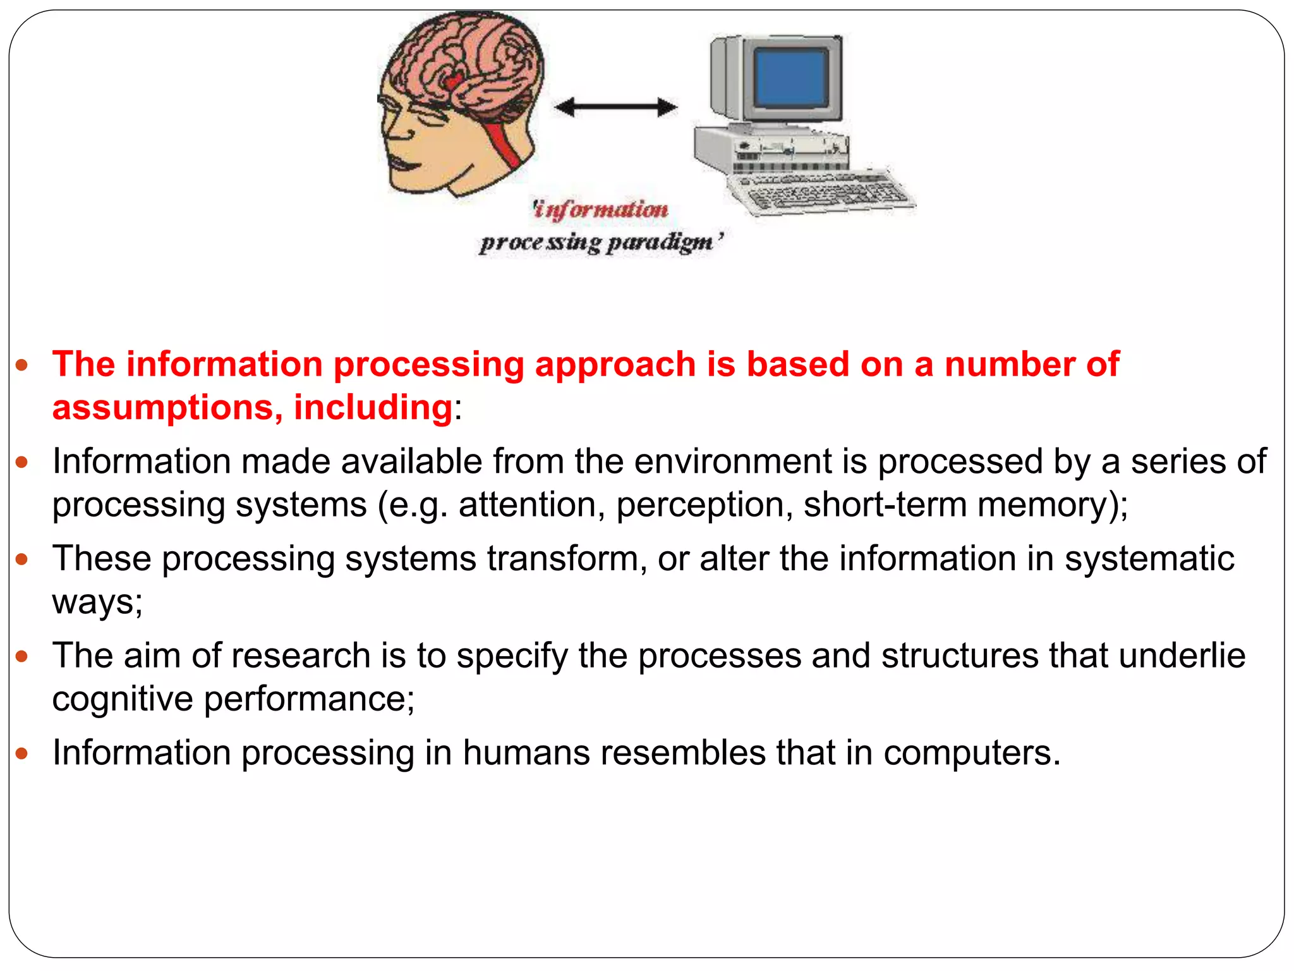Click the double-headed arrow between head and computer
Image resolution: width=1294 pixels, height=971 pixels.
(615, 107)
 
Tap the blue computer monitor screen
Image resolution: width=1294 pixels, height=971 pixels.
(791, 78)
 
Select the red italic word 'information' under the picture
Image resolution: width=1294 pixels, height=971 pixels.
(600, 209)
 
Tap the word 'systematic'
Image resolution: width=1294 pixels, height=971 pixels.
(1149, 558)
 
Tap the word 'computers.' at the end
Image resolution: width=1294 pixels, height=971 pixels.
(972, 753)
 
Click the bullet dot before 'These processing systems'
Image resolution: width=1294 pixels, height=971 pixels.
(22, 559)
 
